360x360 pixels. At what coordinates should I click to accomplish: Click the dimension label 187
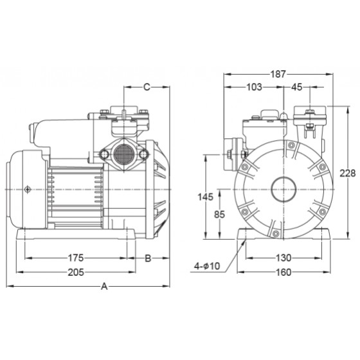(x=278, y=74)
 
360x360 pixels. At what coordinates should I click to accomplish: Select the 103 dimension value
(x=254, y=87)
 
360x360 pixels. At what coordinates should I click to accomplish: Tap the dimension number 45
(x=296, y=87)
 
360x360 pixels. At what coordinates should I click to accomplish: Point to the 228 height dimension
(x=348, y=174)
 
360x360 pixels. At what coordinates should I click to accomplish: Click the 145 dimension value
(x=206, y=197)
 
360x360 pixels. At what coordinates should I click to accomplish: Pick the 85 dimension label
(x=219, y=215)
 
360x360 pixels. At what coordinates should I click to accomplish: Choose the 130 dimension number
(x=283, y=258)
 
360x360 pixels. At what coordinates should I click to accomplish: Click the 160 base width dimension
(x=283, y=273)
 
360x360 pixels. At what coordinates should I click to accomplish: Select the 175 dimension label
(x=76, y=258)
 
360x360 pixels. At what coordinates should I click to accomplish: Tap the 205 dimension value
(x=76, y=273)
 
